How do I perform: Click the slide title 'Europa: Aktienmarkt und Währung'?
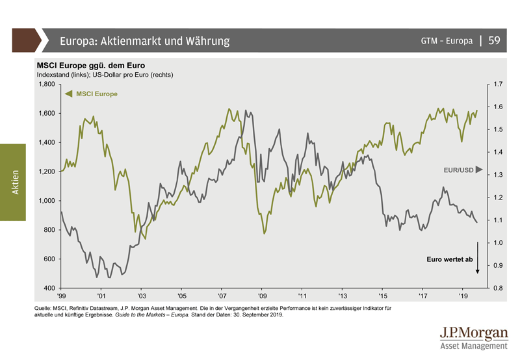pyautogui.click(x=145, y=41)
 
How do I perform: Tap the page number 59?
pyautogui.click(x=494, y=41)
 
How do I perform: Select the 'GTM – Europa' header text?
pyautogui.click(x=447, y=41)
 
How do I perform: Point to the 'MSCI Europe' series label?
pyautogui.click(x=97, y=94)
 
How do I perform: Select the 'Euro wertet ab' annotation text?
pyautogui.click(x=449, y=259)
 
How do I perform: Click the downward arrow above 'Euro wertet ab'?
pyautogui.click(x=477, y=257)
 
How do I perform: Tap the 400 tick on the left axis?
pyautogui.click(x=50, y=288)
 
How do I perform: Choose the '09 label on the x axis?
pyautogui.click(x=262, y=296)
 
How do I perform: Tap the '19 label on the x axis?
pyautogui.click(x=463, y=296)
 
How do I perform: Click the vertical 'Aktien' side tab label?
pyautogui.click(x=14, y=181)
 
